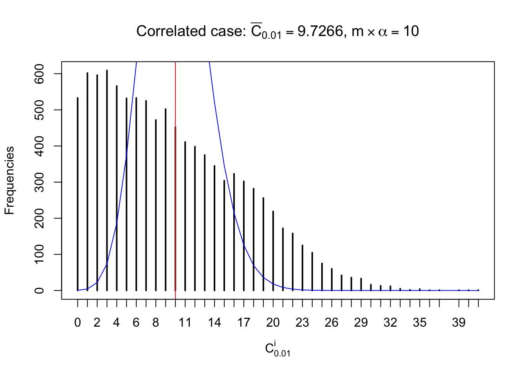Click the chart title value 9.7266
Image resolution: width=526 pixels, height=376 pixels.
coord(320,31)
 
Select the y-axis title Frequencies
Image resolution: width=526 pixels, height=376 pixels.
coord(9,181)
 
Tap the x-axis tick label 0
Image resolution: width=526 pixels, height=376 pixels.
coord(77,323)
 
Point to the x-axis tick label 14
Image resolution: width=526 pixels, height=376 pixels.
coord(214,323)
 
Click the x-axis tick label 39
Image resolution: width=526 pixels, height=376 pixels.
coord(459,323)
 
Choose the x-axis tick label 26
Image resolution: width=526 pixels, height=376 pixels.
coord(331,323)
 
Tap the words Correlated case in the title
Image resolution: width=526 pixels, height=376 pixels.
coord(191,31)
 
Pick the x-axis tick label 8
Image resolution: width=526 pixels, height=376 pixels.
coord(156,323)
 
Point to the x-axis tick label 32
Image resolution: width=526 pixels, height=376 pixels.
coord(390,323)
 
